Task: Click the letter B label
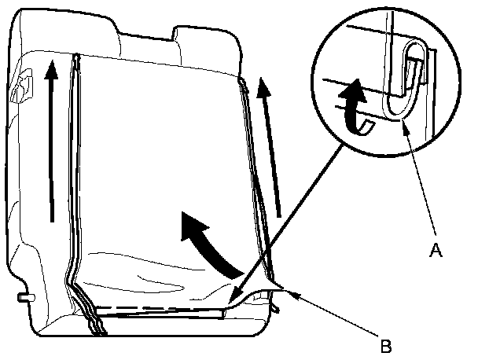(385, 343)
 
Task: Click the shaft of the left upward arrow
(52, 149)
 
